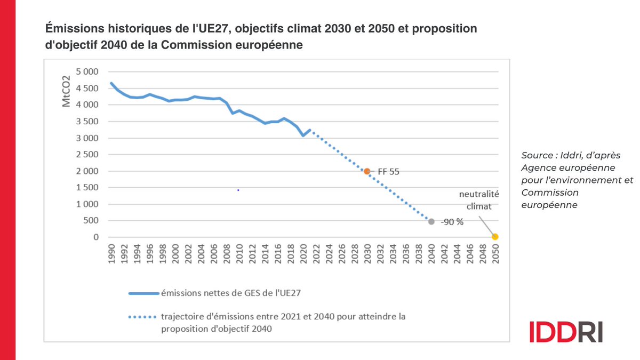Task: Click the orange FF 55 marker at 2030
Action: click(367, 171)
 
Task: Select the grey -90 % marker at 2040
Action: click(431, 221)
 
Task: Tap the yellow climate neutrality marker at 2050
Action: click(495, 236)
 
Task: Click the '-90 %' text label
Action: click(452, 222)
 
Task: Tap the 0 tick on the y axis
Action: click(97, 237)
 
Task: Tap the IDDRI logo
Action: click(566, 332)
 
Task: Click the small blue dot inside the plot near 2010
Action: click(238, 190)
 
